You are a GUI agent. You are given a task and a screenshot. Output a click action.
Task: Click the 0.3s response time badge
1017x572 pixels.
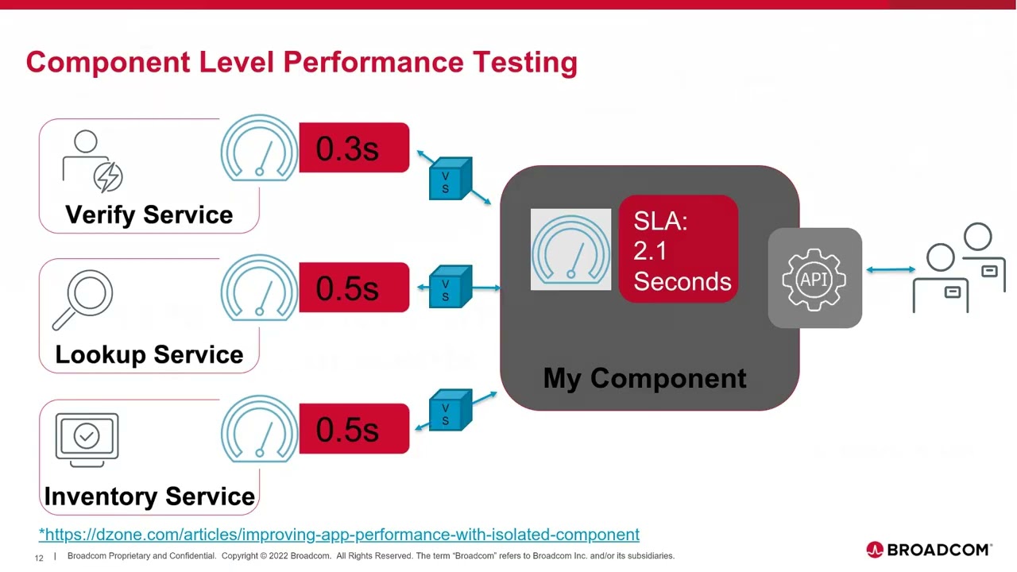[354, 148]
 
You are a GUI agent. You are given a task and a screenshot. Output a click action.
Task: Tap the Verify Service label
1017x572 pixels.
[149, 214]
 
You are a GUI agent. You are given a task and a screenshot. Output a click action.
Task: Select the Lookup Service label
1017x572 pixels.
[149, 354]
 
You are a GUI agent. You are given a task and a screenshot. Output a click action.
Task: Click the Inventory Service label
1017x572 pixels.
[149, 497]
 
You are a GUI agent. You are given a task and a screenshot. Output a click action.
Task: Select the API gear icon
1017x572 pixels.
[814, 279]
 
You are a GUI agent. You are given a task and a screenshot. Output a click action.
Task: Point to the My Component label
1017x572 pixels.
[644, 378]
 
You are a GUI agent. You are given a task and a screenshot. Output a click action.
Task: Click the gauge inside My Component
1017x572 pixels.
[570, 249]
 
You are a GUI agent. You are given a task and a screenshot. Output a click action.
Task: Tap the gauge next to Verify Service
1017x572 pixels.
[259, 149]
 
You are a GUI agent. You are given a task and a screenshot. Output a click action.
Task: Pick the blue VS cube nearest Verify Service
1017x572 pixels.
[450, 179]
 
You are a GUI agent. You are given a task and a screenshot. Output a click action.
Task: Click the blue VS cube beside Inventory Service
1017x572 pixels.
[450, 410]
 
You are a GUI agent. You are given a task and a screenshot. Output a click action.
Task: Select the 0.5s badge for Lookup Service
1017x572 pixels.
[354, 288]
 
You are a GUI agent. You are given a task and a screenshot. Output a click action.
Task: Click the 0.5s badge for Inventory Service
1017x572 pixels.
[354, 429]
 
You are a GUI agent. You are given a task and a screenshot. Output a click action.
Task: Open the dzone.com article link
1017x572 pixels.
[339, 535]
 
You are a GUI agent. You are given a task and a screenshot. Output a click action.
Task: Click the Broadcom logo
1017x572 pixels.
[929, 550]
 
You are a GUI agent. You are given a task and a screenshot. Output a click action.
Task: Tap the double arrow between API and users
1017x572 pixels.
[891, 270]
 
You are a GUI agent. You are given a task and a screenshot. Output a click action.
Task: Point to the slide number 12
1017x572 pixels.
[39, 558]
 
